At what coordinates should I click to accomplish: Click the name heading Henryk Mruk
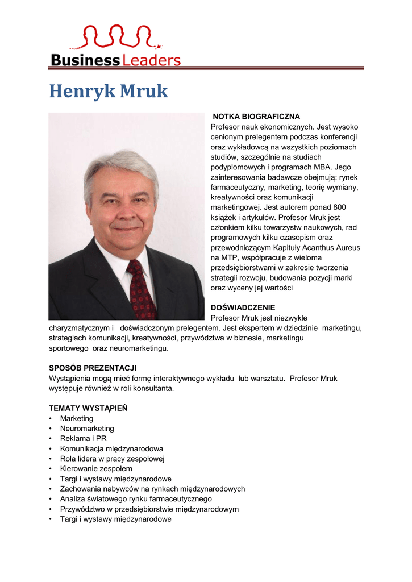coord(109,91)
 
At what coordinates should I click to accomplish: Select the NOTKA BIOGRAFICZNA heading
coord(256,117)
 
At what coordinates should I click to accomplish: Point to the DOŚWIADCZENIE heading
coord(243,307)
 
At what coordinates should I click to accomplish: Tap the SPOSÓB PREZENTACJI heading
coord(93,368)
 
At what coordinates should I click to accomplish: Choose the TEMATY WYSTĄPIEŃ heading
coord(88,408)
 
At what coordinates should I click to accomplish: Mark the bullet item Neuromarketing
coord(87,429)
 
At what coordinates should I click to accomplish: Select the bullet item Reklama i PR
coord(83,439)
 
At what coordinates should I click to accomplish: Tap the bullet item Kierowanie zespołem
coord(96,469)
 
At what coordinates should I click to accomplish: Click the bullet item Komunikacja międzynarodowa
coord(111,448)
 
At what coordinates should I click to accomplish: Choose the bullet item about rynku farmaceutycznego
coord(136,499)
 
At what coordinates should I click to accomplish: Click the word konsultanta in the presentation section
coord(152,389)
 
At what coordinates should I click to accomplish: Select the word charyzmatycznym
coord(80,328)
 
